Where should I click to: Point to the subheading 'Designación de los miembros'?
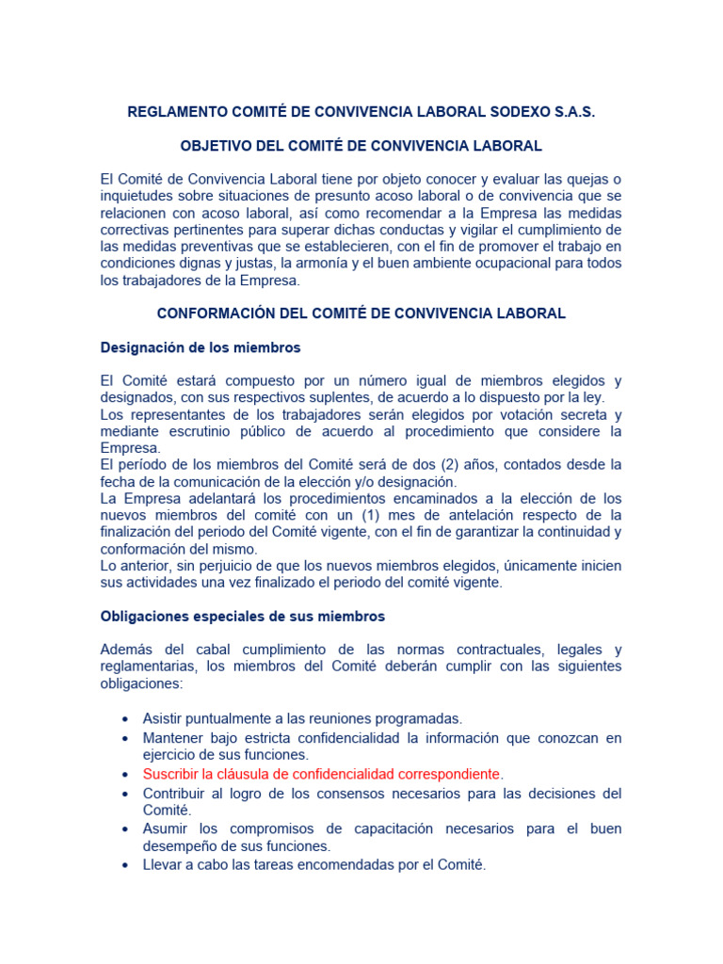tap(201, 347)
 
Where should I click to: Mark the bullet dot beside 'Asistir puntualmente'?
tap(125, 720)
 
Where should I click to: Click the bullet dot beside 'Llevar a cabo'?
tap(125, 864)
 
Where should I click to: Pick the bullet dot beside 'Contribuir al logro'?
tap(125, 795)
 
